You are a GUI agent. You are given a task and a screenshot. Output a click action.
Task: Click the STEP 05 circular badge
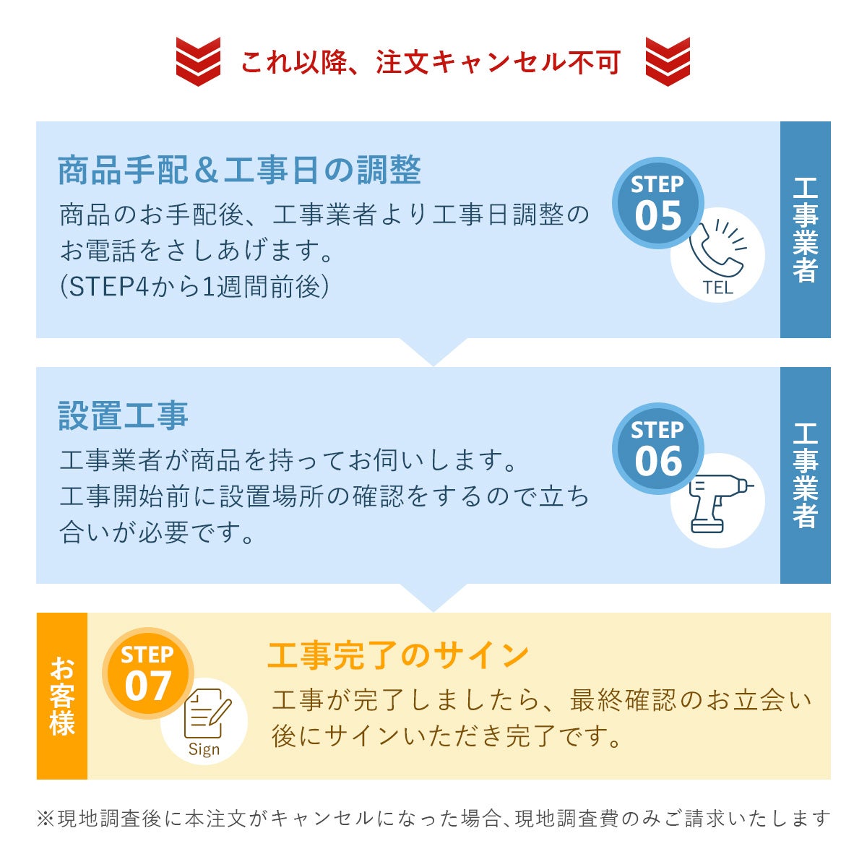coord(657,204)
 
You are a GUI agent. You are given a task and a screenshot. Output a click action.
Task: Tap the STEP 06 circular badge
coord(657,449)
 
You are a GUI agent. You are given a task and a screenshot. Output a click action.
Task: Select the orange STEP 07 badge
coord(148,673)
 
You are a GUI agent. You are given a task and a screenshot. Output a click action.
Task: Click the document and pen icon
coord(207,715)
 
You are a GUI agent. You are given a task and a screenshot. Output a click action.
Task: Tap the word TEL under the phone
coord(717,288)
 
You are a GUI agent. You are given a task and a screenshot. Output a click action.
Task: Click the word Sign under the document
coord(204,749)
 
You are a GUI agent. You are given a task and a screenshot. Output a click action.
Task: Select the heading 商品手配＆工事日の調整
coord(239,171)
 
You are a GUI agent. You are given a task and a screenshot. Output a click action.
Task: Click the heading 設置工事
coord(124,416)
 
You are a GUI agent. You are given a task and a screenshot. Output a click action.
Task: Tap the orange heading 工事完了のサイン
coord(398,655)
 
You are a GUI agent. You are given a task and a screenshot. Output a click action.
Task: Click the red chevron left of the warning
coord(198,62)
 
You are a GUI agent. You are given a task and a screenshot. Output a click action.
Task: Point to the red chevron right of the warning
coord(668,62)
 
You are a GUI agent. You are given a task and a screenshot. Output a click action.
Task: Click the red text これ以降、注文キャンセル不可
coord(431,63)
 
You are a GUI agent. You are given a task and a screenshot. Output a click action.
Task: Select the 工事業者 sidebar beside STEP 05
coord(805,229)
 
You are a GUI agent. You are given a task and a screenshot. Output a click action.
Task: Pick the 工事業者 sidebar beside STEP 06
coord(805,475)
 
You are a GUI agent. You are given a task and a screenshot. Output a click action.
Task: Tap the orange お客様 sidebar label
coord(62,696)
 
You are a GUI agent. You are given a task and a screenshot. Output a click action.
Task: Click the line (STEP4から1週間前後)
coord(195,288)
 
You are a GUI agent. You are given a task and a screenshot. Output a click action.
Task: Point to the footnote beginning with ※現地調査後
coord(433,819)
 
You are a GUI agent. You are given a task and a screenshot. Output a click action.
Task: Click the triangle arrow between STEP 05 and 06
coord(433,350)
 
